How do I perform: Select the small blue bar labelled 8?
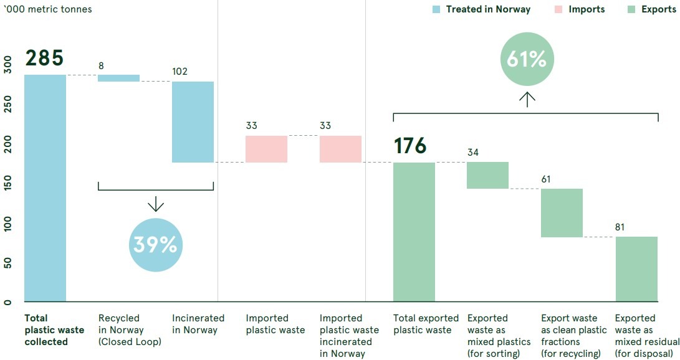pos(118,78)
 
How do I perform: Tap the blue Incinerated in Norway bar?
pos(193,121)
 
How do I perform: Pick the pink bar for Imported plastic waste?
pos(266,149)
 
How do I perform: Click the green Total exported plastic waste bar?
pos(414,232)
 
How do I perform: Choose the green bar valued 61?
pos(562,212)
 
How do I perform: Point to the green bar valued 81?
pos(636,269)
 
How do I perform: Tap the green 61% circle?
pos(527,60)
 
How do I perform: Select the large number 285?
pos(44,58)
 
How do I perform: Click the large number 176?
pos(410,146)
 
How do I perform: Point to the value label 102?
pos(180,71)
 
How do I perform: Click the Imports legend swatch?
pos(557,9)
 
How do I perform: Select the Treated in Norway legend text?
pos(488,9)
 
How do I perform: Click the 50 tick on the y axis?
pos(7,262)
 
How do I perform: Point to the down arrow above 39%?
pos(155,204)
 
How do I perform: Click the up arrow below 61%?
pos(527,99)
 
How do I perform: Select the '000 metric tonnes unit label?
pos(48,9)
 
